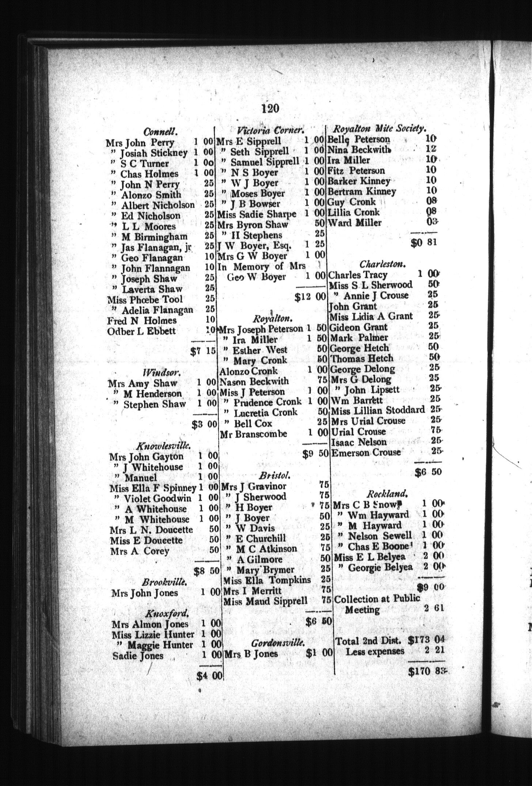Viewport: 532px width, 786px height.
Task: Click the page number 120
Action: (x=270, y=108)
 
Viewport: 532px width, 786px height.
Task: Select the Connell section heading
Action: (x=160, y=131)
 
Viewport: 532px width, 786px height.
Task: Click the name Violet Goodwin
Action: (x=157, y=498)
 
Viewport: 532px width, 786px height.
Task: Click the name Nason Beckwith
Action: (x=254, y=382)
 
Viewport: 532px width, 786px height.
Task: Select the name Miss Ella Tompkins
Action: (x=267, y=580)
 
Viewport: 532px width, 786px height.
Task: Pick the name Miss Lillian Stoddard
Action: (x=378, y=410)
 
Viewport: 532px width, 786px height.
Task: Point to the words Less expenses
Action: (x=375, y=651)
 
